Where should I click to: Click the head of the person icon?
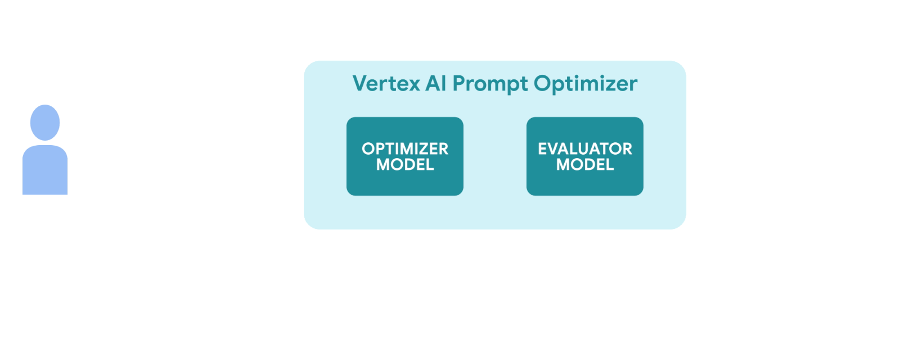(x=45, y=122)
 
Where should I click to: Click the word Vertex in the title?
(x=386, y=84)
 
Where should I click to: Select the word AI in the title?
(x=435, y=84)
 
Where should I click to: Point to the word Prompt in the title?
(x=490, y=84)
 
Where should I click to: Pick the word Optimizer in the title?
(x=585, y=84)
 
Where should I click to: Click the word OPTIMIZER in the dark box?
(x=405, y=148)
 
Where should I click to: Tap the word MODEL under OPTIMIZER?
(x=405, y=165)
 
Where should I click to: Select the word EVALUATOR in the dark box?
(x=585, y=148)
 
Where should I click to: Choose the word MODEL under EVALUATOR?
(x=585, y=165)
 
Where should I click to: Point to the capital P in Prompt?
(x=459, y=84)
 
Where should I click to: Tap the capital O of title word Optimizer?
(x=542, y=84)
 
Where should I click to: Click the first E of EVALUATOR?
(x=542, y=148)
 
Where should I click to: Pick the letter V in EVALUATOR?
(x=552, y=148)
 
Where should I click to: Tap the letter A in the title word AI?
(x=432, y=84)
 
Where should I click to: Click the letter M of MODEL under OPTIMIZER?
(x=384, y=165)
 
